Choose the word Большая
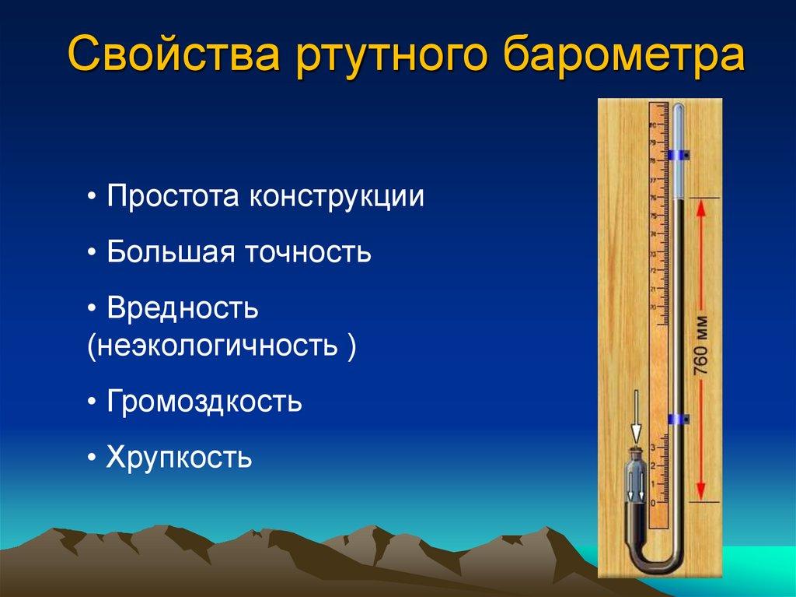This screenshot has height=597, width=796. coord(171,251)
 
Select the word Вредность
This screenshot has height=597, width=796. coord(183,307)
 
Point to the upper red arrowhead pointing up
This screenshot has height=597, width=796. coord(700,209)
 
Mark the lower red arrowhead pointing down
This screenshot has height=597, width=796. coord(700,491)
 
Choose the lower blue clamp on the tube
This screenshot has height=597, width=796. coord(678,420)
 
